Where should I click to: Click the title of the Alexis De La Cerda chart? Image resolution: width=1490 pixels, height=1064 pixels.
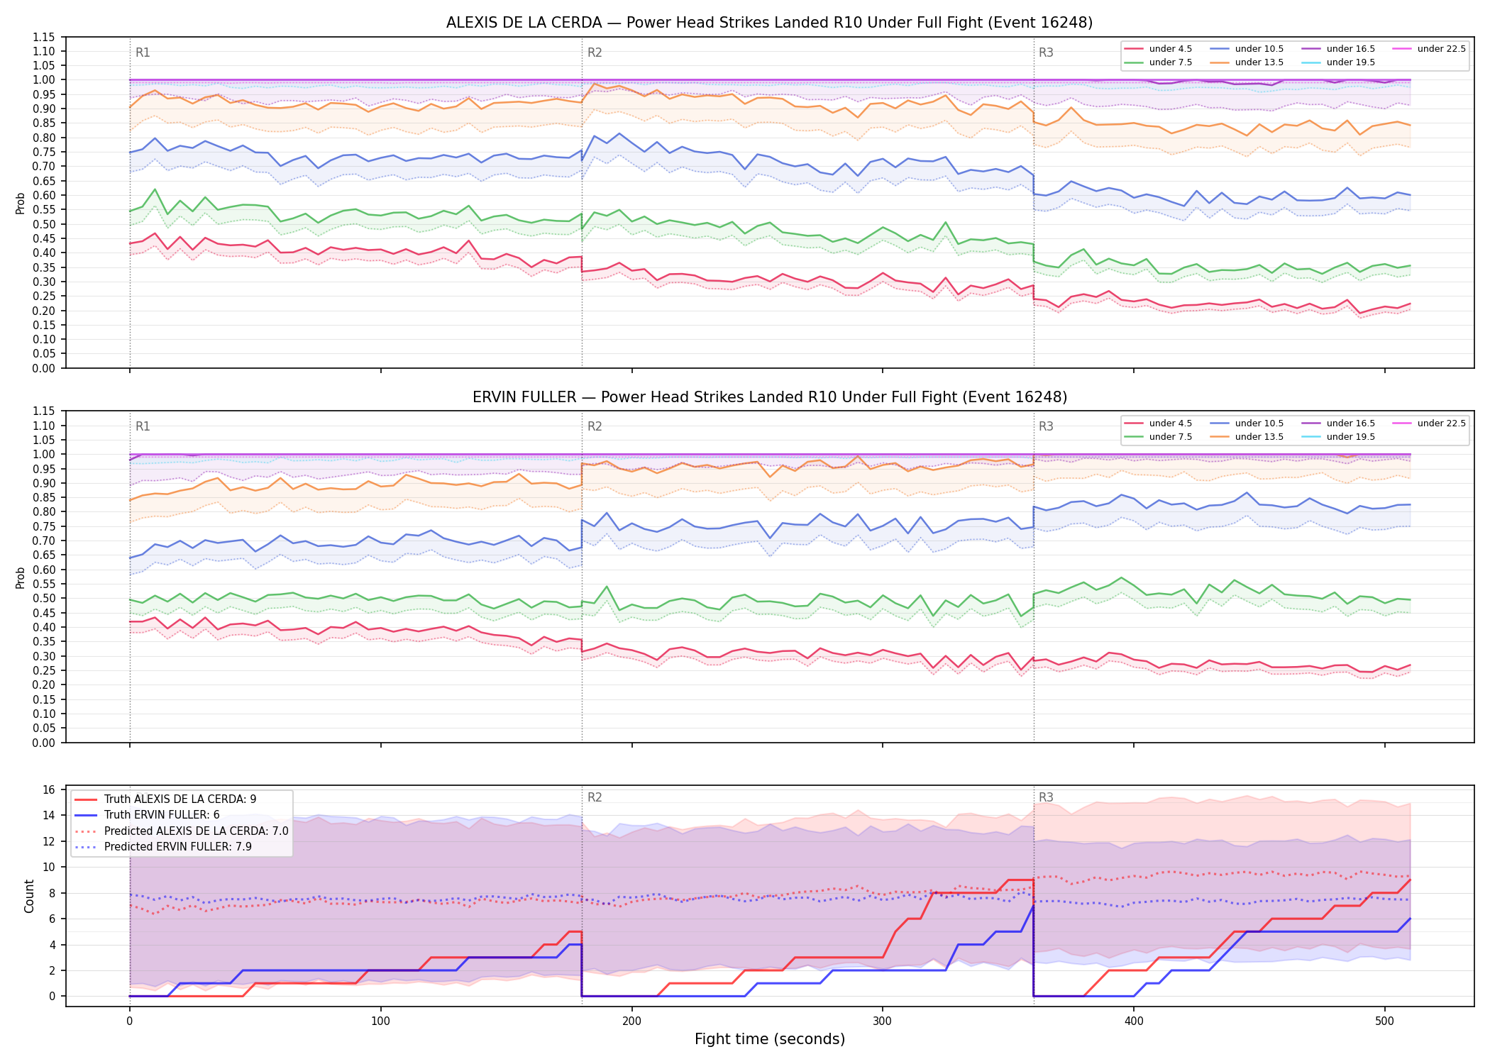769,23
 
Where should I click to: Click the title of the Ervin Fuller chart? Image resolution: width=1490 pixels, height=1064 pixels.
769,397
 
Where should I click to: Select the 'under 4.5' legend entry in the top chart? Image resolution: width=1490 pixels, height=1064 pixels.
1159,49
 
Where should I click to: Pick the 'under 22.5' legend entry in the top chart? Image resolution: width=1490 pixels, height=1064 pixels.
1429,49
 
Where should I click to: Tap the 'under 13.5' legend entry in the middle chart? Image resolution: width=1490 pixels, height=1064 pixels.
1247,437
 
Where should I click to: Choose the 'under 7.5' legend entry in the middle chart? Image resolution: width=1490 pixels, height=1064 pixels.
1159,437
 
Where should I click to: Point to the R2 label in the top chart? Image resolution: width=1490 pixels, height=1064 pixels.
595,52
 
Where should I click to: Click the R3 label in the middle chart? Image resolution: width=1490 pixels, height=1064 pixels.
1046,426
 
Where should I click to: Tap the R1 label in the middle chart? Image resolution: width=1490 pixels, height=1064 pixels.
143,426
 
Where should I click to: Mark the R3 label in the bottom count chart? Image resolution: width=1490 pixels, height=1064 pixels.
1046,797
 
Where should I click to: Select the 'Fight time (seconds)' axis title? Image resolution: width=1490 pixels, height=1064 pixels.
770,1039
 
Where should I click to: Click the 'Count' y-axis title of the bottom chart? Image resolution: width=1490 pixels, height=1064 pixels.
29,896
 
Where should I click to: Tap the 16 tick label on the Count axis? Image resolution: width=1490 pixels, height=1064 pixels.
49,790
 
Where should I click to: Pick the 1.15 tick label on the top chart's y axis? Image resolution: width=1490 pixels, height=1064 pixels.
44,37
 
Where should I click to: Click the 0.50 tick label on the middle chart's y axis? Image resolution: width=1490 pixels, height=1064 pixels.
44,599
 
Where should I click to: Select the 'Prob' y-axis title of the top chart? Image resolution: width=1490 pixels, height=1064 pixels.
21,204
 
